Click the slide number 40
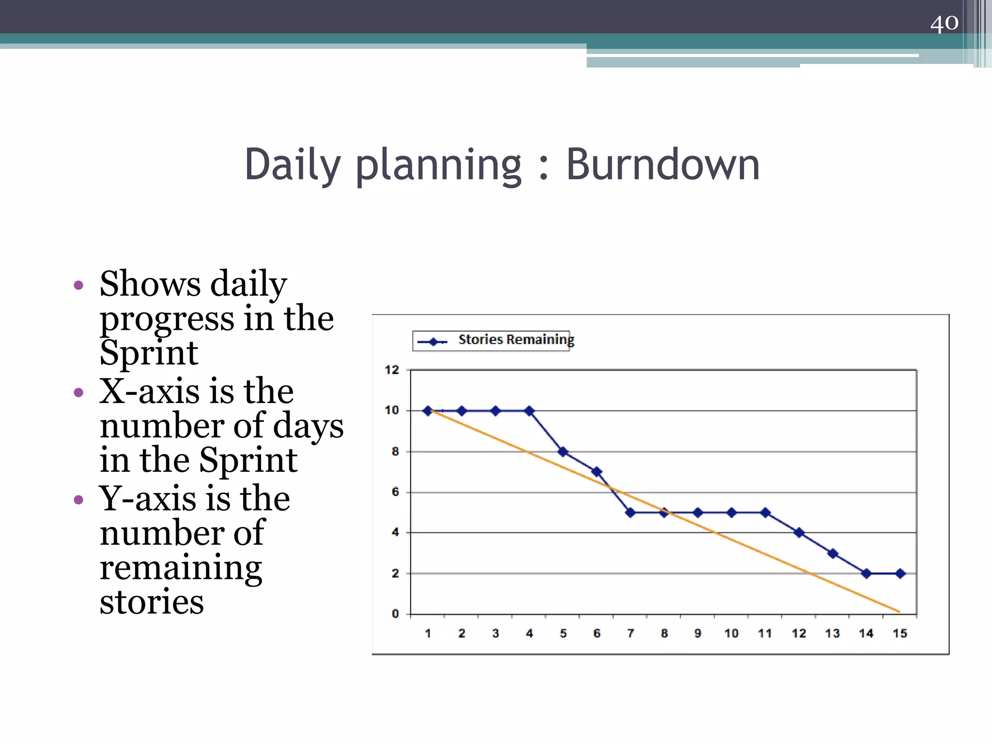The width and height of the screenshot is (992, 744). [944, 23]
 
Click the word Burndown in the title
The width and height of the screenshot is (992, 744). [663, 165]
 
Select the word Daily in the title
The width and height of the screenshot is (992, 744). [293, 165]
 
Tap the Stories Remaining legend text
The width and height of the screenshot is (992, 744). [516, 340]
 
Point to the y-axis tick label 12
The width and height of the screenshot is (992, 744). [392, 370]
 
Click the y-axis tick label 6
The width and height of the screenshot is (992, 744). [395, 492]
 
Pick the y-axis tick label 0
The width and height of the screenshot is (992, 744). [395, 614]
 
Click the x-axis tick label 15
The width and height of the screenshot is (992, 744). [900, 634]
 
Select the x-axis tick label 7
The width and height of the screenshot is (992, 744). [630, 634]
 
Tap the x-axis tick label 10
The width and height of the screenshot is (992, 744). [731, 634]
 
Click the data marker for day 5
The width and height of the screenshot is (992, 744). [563, 451]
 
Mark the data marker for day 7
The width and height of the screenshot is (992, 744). [630, 512]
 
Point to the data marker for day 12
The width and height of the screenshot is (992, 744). [799, 533]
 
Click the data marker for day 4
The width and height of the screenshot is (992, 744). [529, 411]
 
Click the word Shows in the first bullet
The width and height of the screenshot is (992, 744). [150, 284]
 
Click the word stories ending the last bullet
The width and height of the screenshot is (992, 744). [152, 602]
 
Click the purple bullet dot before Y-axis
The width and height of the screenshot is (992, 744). [78, 499]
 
